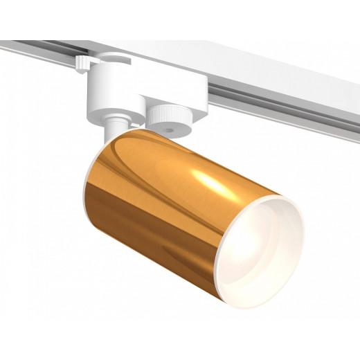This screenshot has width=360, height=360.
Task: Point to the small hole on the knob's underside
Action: (x=170, y=129)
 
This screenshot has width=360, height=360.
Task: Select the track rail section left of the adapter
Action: (x=35, y=52)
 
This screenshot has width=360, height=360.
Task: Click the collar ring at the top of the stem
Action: (x=114, y=122)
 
